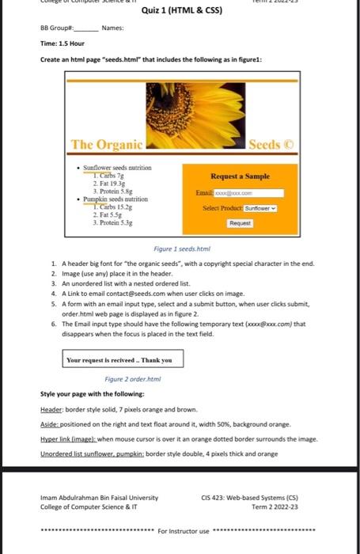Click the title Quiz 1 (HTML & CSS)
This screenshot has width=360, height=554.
point(182,11)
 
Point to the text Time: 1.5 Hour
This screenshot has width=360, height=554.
point(63,44)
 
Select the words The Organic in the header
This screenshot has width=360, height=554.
point(107,144)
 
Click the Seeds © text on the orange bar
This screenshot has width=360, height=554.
point(271,144)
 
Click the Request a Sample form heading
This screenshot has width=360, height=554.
point(240,176)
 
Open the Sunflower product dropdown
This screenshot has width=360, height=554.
point(261,208)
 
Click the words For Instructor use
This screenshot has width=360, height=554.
point(184,530)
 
